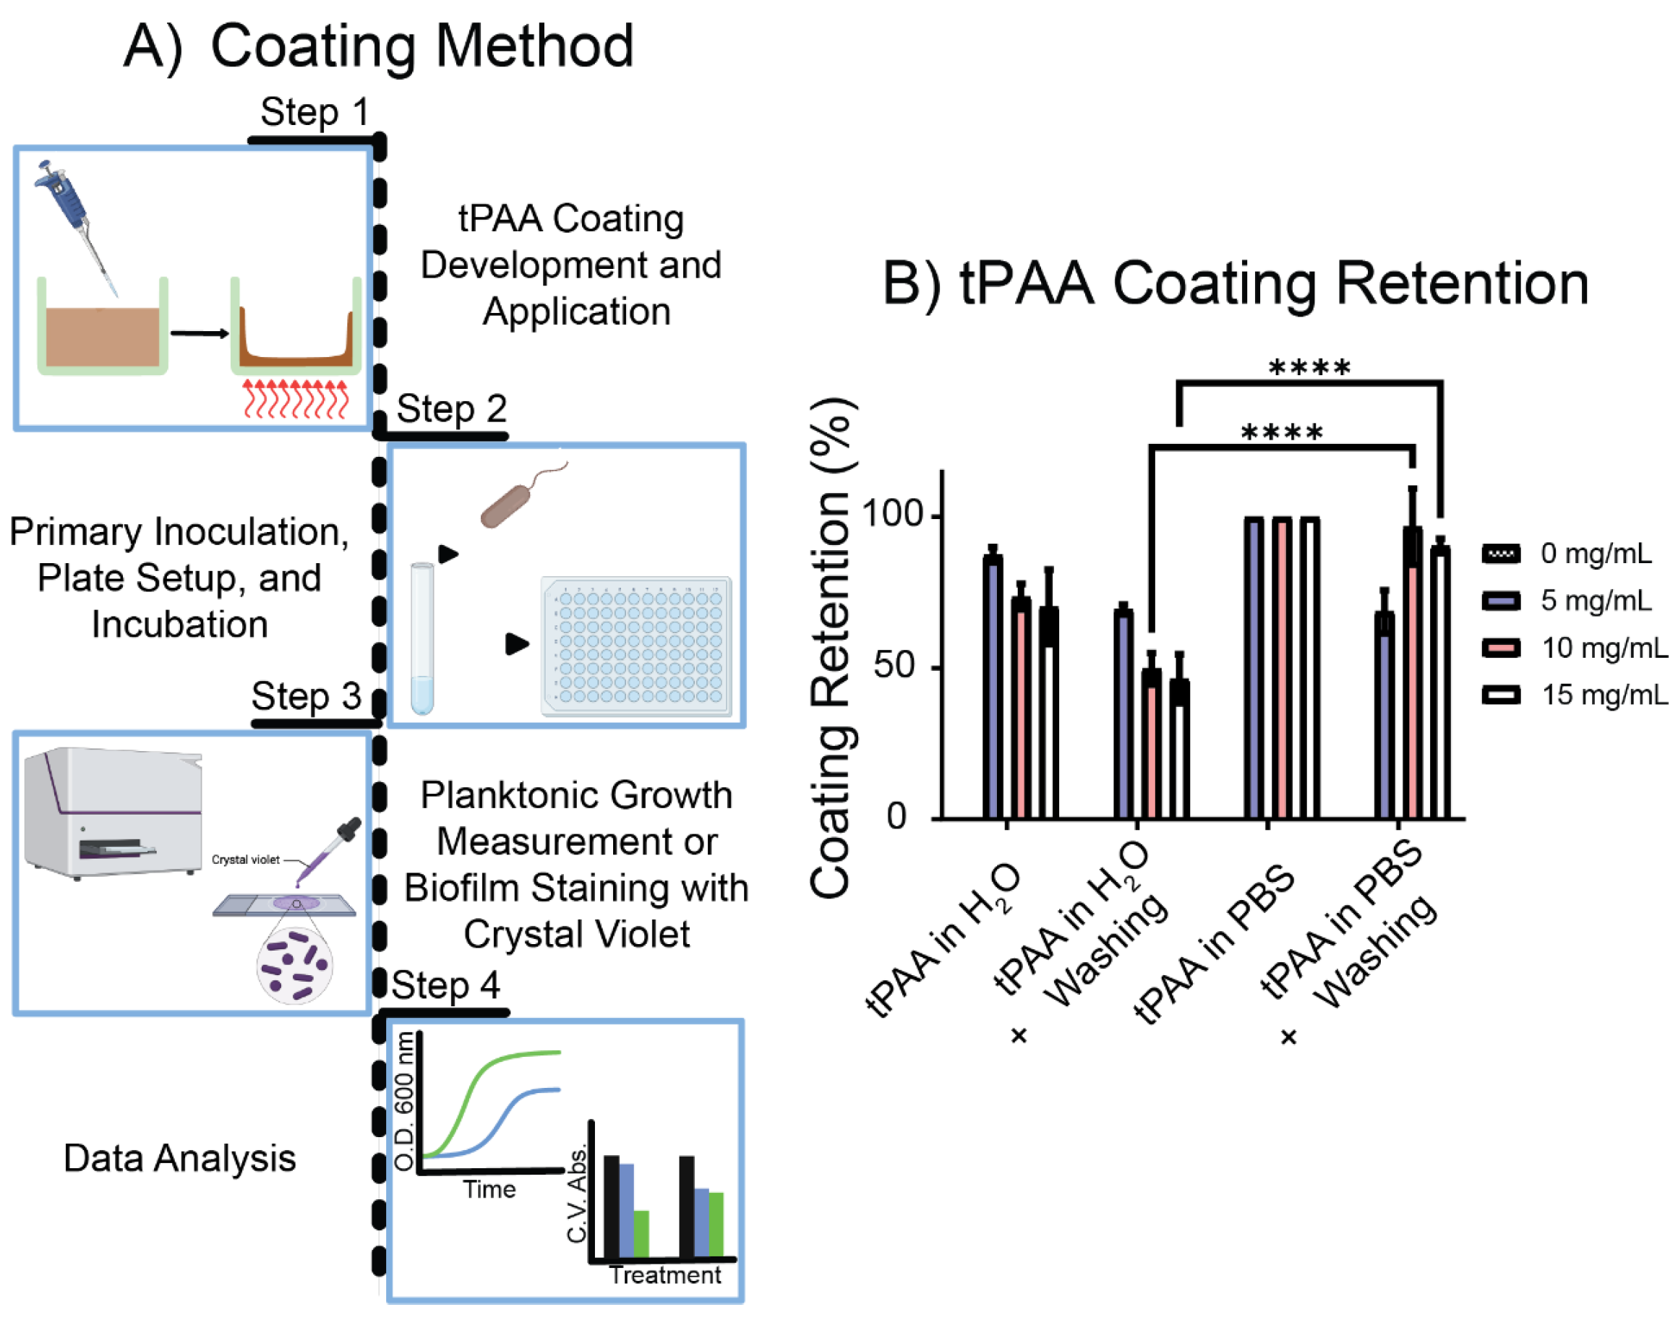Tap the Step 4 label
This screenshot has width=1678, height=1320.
(445, 985)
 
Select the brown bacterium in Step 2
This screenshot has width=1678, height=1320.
(510, 502)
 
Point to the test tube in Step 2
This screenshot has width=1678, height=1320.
(422, 638)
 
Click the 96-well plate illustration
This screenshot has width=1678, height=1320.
(636, 646)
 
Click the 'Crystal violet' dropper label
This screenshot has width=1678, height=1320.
(246, 860)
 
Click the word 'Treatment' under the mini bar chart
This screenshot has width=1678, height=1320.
(664, 1274)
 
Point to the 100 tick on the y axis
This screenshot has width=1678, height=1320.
(893, 515)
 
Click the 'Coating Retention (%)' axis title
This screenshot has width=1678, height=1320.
(831, 649)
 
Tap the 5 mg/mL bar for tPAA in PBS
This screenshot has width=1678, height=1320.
(1254, 669)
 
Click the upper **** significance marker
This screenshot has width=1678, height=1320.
(1309, 368)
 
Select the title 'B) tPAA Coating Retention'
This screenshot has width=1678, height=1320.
(1235, 283)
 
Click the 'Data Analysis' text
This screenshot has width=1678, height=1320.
(179, 1157)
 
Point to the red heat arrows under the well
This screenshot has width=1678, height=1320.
(296, 398)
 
